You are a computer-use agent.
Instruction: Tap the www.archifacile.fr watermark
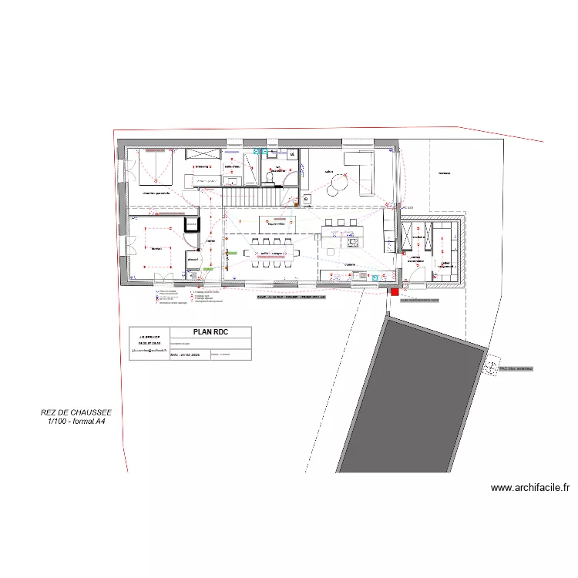pos(530,487)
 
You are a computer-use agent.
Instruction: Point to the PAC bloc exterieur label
pos(516,369)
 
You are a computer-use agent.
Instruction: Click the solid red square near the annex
pos(395,292)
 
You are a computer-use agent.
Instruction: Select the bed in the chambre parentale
pos(157,167)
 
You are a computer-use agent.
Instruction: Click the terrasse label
pos(444,173)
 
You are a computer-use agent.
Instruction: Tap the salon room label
pos(328,172)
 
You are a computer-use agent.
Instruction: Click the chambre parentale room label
pos(156,193)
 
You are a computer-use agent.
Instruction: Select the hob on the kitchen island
pos(353,242)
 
